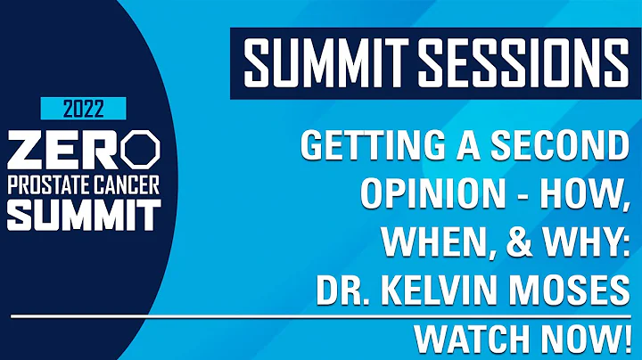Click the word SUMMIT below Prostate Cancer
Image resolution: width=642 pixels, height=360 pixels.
82,211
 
